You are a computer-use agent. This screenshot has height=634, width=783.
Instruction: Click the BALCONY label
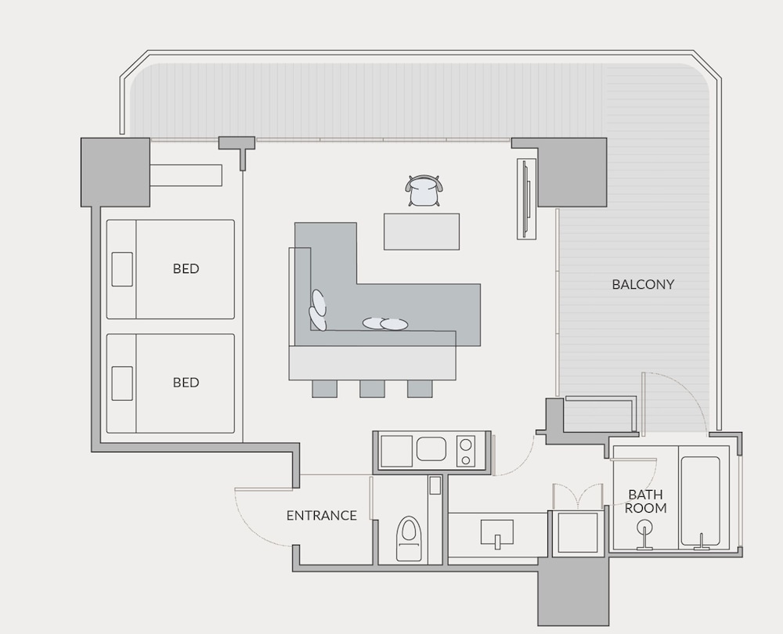coord(643,284)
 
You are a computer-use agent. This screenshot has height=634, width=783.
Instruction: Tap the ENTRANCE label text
coord(322,515)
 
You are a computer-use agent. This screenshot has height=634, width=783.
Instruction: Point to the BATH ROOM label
coord(646,501)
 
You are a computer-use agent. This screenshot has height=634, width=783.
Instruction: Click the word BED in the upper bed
coord(186,268)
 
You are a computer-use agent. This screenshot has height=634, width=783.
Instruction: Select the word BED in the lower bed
coord(186,383)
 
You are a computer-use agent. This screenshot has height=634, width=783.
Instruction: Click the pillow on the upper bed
coord(122,269)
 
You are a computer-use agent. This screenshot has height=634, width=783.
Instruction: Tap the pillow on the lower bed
coord(122,384)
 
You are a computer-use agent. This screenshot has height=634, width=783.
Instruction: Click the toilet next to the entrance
coord(409,539)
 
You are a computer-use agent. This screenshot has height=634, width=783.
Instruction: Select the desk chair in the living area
coord(424,191)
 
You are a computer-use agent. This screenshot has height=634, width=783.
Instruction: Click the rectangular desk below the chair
coord(421,232)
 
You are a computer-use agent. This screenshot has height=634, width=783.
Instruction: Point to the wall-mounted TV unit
coord(526,199)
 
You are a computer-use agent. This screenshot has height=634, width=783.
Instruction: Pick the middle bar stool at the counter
coord(372,389)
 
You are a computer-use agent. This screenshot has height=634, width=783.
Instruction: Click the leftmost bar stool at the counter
coord(325,389)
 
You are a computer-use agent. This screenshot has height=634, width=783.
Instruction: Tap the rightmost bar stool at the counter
coord(420,389)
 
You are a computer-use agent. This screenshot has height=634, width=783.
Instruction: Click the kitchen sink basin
coord(431,448)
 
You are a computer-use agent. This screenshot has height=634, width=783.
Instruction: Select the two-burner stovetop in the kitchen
coord(466,451)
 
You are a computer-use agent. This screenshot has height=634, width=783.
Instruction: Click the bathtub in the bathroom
coord(700,501)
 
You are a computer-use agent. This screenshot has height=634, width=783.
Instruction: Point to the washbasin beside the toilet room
coord(497,532)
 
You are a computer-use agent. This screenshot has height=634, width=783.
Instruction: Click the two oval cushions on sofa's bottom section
coord(385,324)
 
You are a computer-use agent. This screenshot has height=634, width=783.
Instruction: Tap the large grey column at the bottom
coord(573,592)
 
